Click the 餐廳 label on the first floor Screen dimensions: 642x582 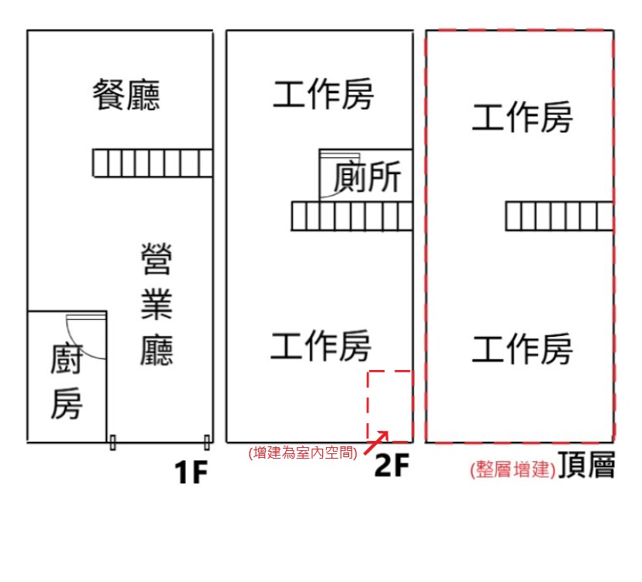click(126, 95)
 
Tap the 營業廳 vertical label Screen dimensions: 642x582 click(156, 304)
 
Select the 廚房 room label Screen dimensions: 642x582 click(67, 382)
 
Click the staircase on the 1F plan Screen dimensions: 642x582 click(153, 163)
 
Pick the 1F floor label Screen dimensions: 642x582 click(191, 473)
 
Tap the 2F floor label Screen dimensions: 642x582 click(392, 465)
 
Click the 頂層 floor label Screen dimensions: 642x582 click(587, 465)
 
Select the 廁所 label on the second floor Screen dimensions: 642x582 click(367, 177)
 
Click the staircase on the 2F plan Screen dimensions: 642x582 click(351, 216)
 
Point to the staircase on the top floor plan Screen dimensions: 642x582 click(560, 216)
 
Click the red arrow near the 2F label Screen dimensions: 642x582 click(376, 442)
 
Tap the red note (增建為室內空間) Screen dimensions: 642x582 click(303, 452)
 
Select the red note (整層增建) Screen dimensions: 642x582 click(513, 469)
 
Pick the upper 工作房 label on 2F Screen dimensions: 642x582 click(323, 94)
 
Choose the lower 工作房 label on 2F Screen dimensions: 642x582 click(321, 346)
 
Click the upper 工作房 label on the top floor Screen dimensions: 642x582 click(523, 117)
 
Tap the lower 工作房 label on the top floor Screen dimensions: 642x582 click(523, 348)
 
